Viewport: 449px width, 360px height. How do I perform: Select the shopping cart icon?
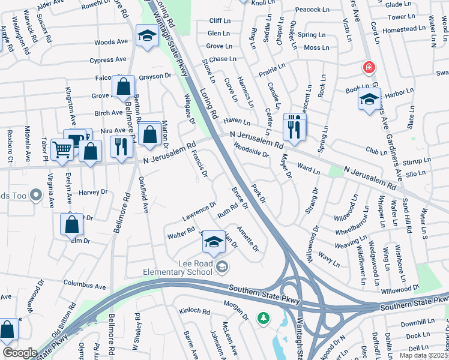62,149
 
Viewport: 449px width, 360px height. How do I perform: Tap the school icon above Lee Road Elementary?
212,242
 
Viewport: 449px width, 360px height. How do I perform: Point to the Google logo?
20,353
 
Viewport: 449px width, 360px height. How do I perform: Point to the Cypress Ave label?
108,60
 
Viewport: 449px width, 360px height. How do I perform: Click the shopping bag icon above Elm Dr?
71,224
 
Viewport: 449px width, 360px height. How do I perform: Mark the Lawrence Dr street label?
200,211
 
